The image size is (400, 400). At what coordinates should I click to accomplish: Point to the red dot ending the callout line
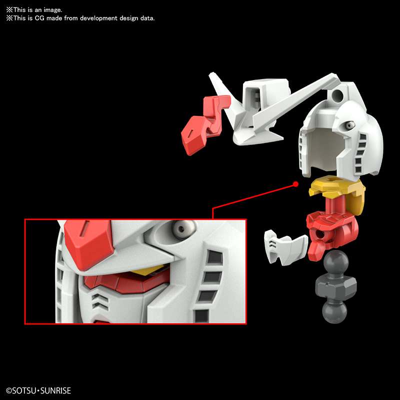tap(295, 184)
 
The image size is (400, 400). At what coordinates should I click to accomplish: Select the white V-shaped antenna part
tap(280, 102)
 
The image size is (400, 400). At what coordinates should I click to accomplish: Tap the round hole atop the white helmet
tap(340, 93)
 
